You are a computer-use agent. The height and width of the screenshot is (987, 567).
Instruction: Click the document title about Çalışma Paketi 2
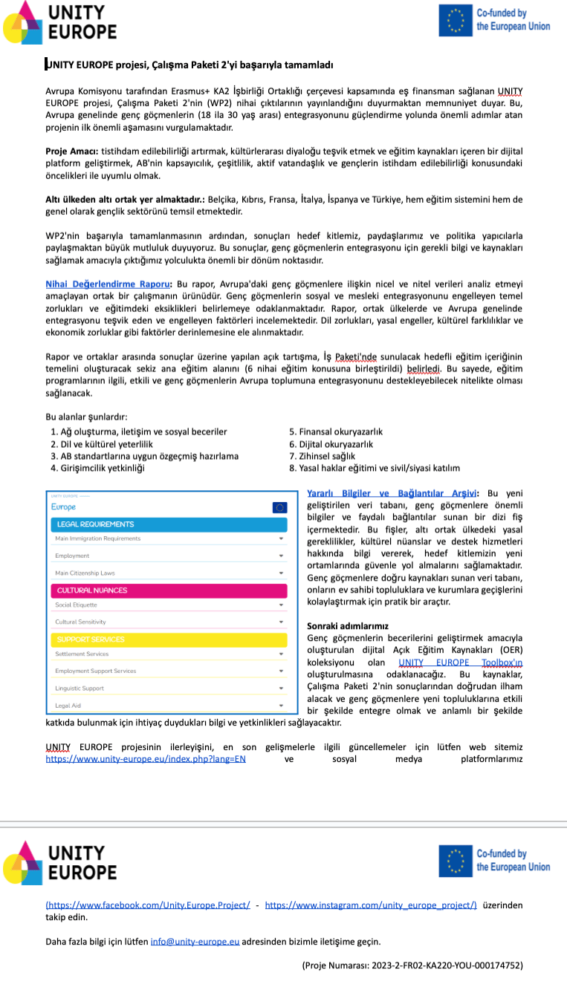[x=189, y=65]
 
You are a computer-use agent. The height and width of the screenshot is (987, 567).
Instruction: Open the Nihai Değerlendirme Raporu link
[x=108, y=284]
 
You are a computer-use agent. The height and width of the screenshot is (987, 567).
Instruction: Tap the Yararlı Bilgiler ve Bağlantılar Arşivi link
[x=392, y=493]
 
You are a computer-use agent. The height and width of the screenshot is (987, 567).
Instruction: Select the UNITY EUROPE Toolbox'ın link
[x=460, y=662]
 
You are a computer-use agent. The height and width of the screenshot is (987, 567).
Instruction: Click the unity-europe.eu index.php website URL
[x=146, y=759]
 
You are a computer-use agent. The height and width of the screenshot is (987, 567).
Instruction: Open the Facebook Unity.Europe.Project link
[x=148, y=905]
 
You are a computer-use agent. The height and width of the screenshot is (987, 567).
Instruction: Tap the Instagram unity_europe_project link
[x=371, y=905]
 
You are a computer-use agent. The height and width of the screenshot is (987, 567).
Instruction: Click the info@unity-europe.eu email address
[x=195, y=942]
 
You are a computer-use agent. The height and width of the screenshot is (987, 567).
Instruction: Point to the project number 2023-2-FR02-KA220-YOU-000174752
[x=412, y=965]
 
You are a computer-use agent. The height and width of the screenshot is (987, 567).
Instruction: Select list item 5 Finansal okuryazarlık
[x=336, y=431]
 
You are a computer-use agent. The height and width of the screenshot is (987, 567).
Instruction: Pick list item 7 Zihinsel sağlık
[x=323, y=456]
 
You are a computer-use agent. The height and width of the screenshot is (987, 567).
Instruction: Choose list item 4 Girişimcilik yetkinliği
[x=97, y=468]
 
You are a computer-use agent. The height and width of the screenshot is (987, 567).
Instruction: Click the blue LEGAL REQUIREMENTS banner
[x=168, y=524]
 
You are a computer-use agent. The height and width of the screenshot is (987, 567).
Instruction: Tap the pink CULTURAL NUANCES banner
[x=168, y=590]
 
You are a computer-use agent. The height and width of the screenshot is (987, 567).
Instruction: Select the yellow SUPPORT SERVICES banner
[x=168, y=639]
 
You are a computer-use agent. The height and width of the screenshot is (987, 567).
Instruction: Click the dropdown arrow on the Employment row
[x=281, y=556]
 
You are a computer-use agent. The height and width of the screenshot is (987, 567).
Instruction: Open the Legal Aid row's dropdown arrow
[x=281, y=706]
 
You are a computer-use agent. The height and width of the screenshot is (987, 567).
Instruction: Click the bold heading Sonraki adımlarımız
[x=348, y=626]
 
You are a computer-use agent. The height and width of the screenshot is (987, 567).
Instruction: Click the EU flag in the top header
[x=455, y=21]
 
